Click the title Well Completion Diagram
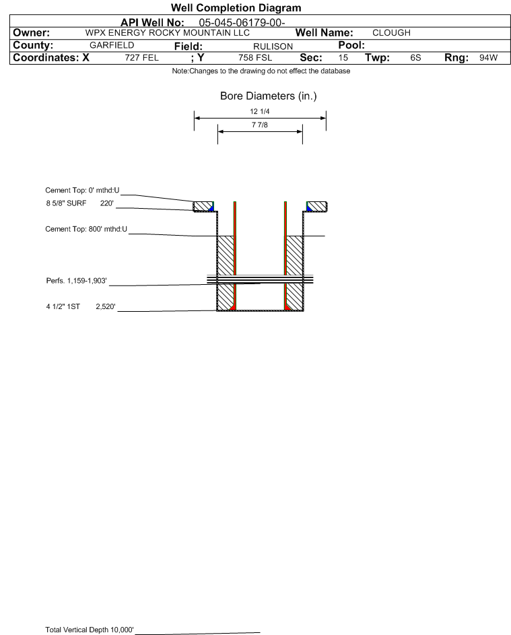tap(236, 7)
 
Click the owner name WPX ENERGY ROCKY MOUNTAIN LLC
tap(168, 33)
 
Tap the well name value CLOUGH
tap(391, 33)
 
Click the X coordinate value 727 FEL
tap(141, 58)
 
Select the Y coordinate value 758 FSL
tap(255, 58)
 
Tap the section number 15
tap(343, 58)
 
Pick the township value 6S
tap(415, 58)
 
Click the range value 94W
tap(488, 58)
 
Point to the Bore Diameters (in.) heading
tap(268, 96)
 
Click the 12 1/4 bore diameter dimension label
tap(260, 112)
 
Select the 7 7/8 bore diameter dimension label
tap(260, 125)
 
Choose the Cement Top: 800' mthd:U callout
tap(86, 229)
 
